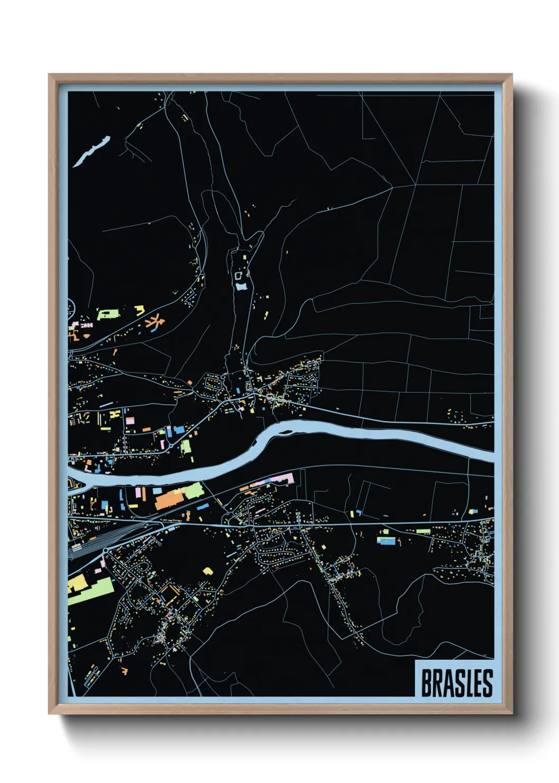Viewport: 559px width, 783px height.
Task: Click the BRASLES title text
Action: pyautogui.click(x=456, y=683)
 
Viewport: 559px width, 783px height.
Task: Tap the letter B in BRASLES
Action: pyautogui.click(x=426, y=683)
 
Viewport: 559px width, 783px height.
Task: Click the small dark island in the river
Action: pyautogui.click(x=286, y=432)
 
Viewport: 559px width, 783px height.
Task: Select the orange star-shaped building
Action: pyautogui.click(x=155, y=321)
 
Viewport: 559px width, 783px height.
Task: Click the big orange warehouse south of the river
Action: pyautogui.click(x=169, y=498)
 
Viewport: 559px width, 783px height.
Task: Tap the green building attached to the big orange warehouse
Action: pyautogui.click(x=193, y=490)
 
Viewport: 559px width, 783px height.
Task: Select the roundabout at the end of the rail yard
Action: pyautogui.click(x=105, y=551)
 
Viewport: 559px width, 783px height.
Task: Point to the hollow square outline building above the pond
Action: pyautogui.click(x=238, y=275)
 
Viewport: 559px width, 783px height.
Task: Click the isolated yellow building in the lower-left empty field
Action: pyautogui.click(x=208, y=571)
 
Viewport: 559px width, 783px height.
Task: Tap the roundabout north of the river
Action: pyautogui.click(x=171, y=447)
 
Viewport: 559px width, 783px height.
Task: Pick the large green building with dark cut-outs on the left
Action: pyautogui.click(x=108, y=315)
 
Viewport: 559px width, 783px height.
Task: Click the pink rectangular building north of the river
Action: pyautogui.click(x=129, y=421)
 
